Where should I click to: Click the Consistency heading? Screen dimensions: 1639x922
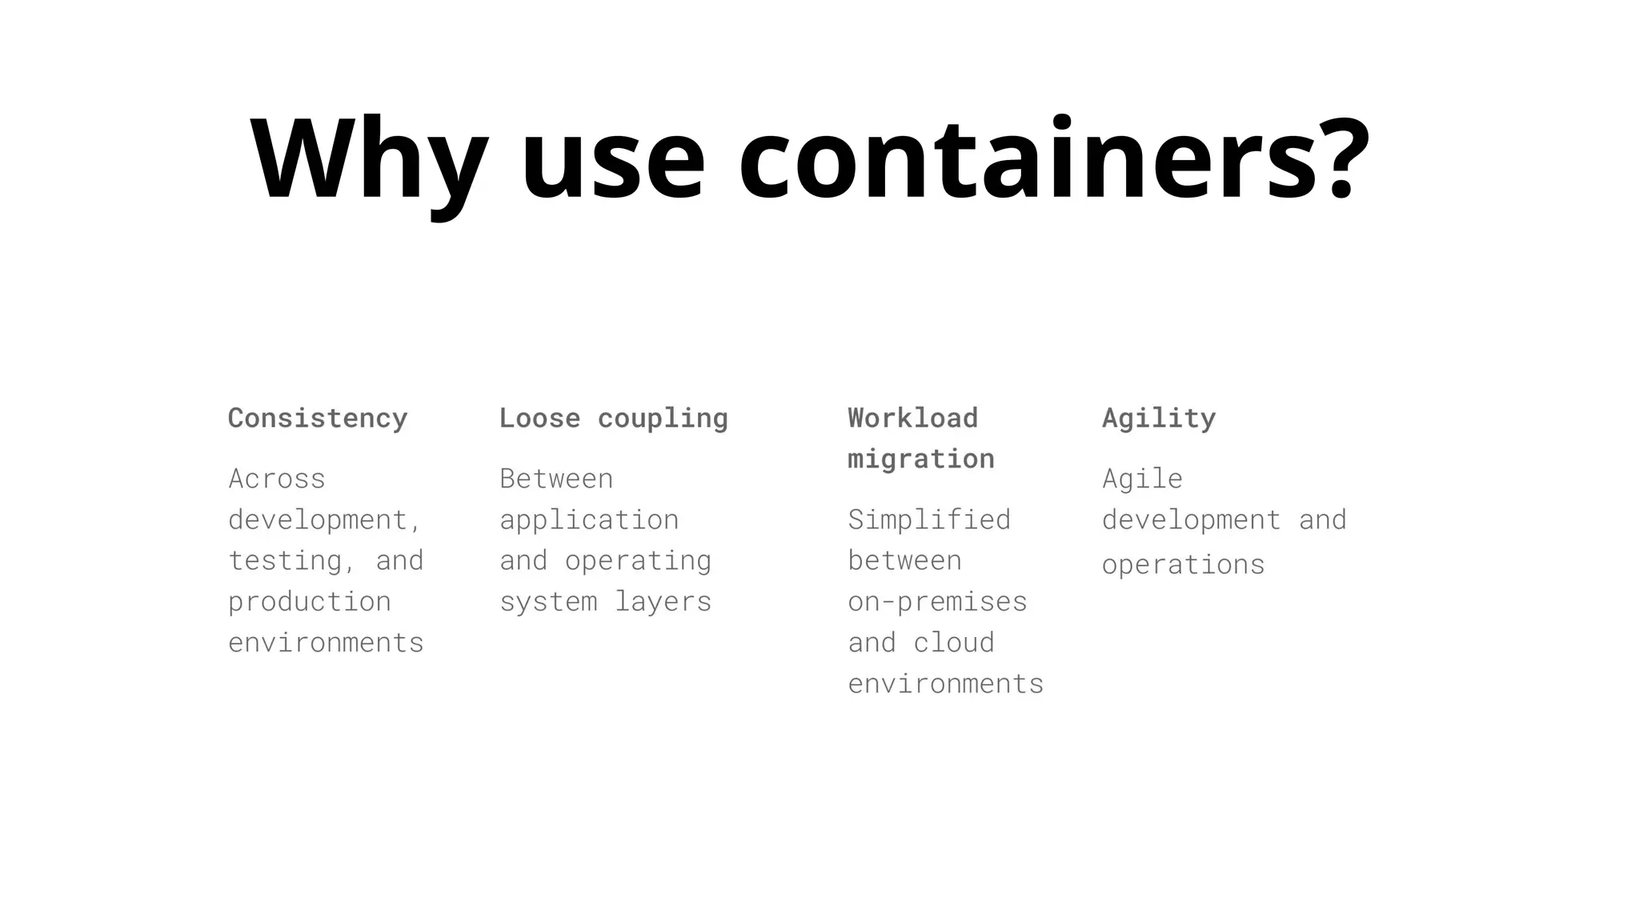(x=318, y=418)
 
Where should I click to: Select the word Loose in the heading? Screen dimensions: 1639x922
(x=539, y=418)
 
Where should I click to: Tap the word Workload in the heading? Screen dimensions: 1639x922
(x=913, y=418)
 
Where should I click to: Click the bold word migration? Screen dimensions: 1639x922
(x=921, y=459)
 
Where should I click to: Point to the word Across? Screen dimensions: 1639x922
(x=277, y=479)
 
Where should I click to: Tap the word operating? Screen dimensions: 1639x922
(x=638, y=561)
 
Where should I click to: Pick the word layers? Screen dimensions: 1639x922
(x=663, y=602)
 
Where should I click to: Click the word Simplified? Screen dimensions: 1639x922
(x=929, y=520)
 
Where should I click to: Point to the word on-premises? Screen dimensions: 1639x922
(x=937, y=602)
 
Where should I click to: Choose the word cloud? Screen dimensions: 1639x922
(x=954, y=643)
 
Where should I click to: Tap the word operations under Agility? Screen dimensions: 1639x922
(x=1183, y=565)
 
